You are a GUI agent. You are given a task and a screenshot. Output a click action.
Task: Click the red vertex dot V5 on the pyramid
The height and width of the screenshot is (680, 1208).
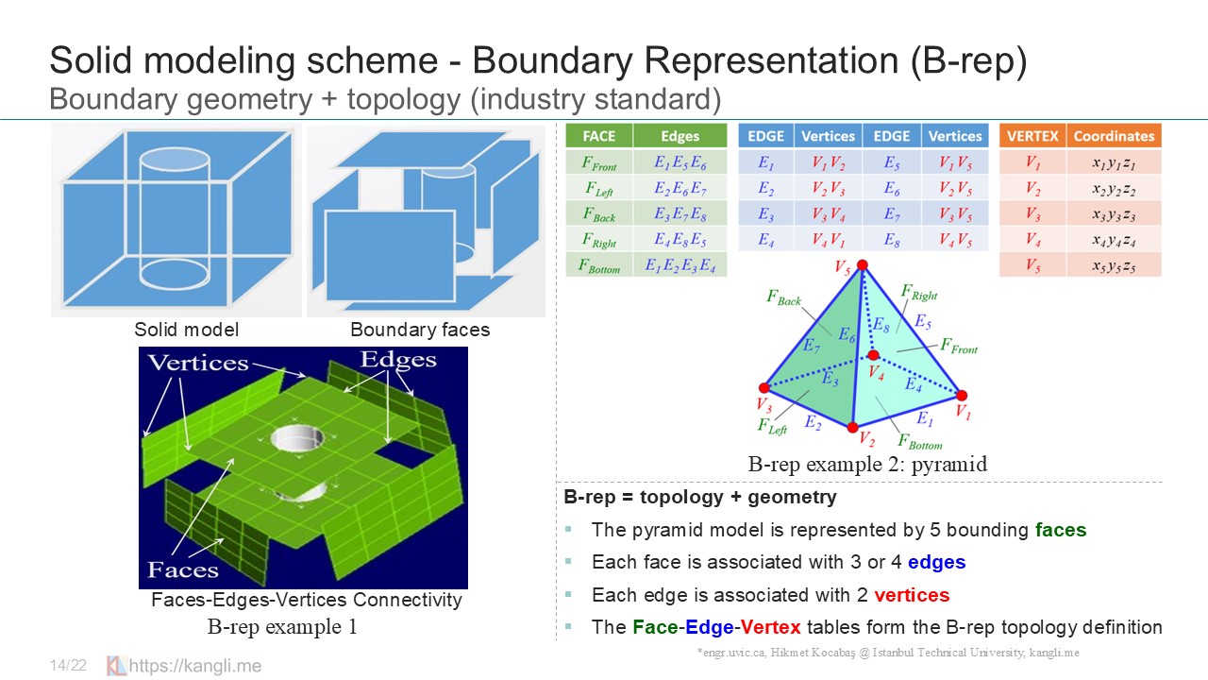[862, 265]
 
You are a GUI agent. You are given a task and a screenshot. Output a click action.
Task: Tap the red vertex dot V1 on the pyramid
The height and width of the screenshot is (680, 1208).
[960, 395]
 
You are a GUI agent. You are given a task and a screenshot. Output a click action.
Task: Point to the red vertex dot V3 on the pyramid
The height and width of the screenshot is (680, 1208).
[763, 387]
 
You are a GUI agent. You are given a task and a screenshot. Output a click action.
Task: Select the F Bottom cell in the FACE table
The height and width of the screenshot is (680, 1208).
[599, 265]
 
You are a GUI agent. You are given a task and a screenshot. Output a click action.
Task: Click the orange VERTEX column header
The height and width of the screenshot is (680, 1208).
[1032, 136]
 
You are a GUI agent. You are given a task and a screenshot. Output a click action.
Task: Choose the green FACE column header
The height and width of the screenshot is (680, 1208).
[599, 136]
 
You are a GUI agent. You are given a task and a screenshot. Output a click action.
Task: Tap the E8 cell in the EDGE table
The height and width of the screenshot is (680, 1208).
[891, 240]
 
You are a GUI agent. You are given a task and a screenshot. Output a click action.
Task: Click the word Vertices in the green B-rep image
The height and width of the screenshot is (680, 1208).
[198, 363]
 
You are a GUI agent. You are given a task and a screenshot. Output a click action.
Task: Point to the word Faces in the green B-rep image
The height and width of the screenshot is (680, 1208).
[183, 569]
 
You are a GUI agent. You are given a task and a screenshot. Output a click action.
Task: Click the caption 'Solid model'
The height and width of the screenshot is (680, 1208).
[186, 330]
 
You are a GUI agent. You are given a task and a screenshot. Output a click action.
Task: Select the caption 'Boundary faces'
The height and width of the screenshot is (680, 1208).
[420, 330]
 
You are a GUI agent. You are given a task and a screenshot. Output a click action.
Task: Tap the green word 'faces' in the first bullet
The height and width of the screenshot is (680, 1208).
[1061, 530]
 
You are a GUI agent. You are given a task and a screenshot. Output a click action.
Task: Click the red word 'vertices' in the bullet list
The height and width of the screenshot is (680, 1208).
[912, 594]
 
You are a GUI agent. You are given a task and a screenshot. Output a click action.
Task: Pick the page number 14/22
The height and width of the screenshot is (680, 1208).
[68, 666]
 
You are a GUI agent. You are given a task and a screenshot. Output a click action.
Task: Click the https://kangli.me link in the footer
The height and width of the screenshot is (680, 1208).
[194, 666]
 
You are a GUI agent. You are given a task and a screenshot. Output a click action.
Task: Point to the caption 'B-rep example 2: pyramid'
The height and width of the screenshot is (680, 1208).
[867, 464]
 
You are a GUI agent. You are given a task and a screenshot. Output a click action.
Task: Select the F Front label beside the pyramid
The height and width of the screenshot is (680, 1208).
[958, 347]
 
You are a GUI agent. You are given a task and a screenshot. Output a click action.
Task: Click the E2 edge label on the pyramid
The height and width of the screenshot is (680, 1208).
[813, 422]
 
